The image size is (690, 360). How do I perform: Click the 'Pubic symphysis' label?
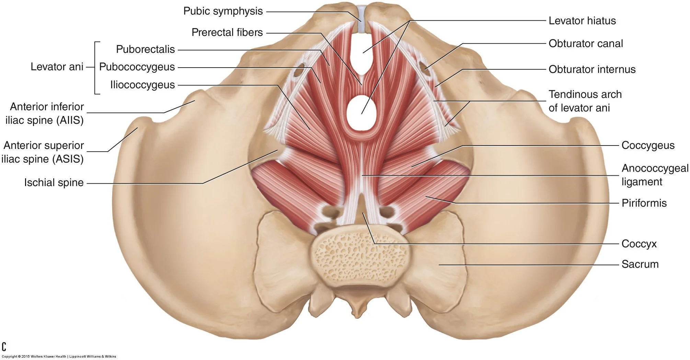(223, 11)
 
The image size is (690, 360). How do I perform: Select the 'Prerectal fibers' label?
(227, 33)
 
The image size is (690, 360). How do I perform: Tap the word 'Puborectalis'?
(145, 49)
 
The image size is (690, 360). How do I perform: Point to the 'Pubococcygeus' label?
(137, 67)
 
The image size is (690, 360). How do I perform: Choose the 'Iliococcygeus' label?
(142, 85)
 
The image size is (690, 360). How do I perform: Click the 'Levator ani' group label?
(57, 67)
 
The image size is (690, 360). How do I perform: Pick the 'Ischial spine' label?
(54, 183)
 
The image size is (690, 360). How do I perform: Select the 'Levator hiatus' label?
(582, 21)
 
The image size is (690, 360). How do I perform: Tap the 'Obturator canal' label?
(585, 44)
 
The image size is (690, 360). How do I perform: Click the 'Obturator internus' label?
(592, 69)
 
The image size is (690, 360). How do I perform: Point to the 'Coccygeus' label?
(648, 146)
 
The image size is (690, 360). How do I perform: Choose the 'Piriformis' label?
(644, 203)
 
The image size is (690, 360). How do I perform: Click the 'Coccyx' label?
(639, 244)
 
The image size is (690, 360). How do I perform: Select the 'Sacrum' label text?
(640, 264)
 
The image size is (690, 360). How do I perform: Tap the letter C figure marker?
(4, 346)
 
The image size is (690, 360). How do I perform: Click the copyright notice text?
(59, 357)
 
